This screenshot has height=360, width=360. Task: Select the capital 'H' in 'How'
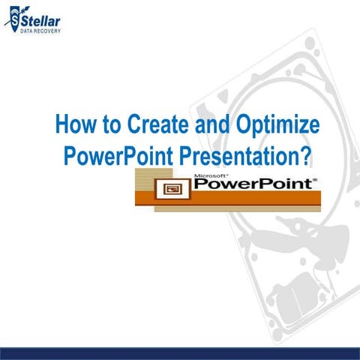[64, 124]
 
